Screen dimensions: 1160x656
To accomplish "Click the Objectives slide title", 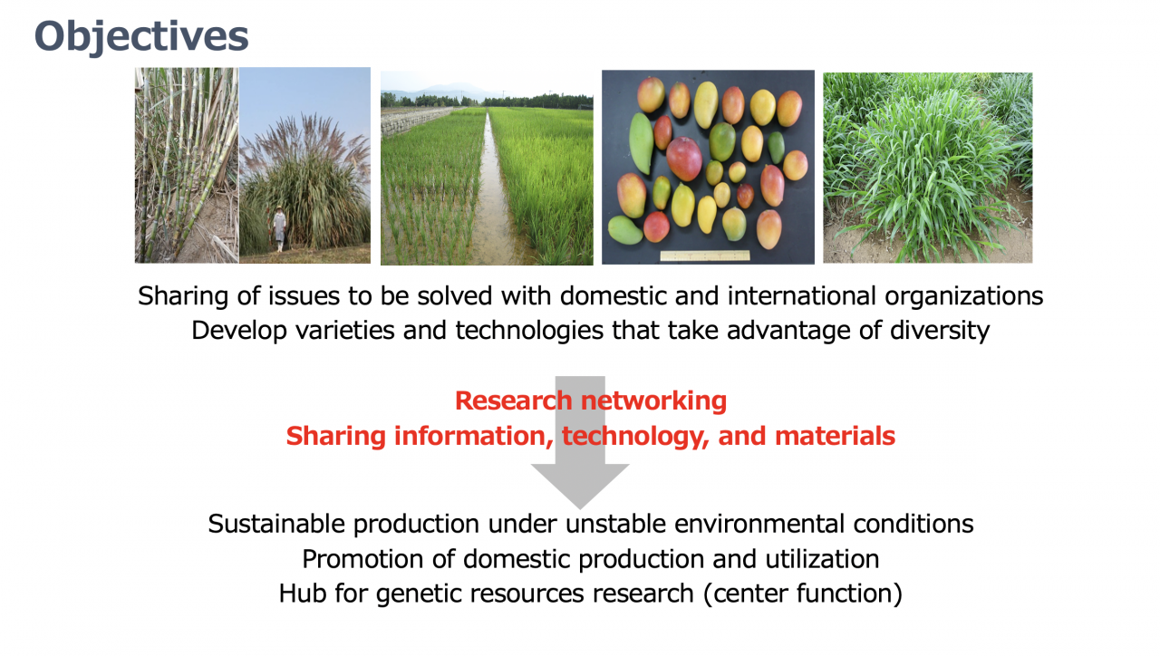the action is click(x=141, y=37).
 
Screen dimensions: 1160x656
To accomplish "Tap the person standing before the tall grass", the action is click(x=279, y=227).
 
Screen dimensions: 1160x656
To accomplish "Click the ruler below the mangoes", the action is click(x=705, y=256).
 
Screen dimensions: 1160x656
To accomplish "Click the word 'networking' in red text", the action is click(x=653, y=400).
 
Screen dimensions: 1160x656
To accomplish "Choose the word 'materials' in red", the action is click(x=835, y=436).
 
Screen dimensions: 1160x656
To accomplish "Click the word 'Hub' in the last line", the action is click(x=303, y=593).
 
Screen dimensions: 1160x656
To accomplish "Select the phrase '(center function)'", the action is click(x=803, y=593).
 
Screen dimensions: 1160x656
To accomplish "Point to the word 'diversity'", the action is click(x=940, y=331).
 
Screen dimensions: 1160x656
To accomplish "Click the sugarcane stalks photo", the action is click(x=187, y=165).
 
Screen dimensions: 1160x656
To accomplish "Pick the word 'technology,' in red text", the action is click(x=635, y=436).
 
